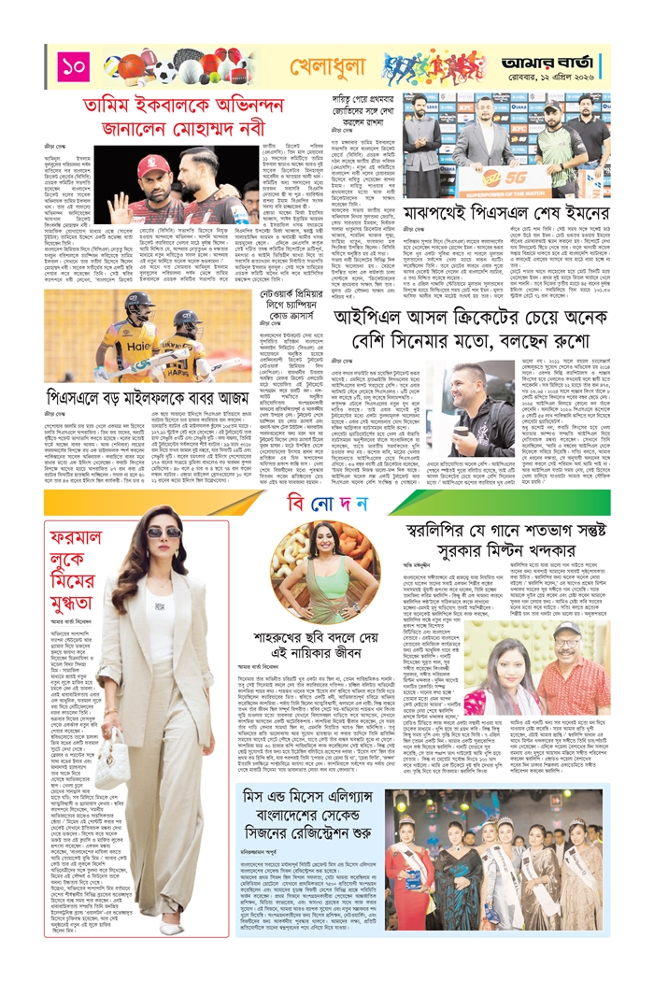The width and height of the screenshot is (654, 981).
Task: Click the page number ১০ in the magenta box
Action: coord(74,67)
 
